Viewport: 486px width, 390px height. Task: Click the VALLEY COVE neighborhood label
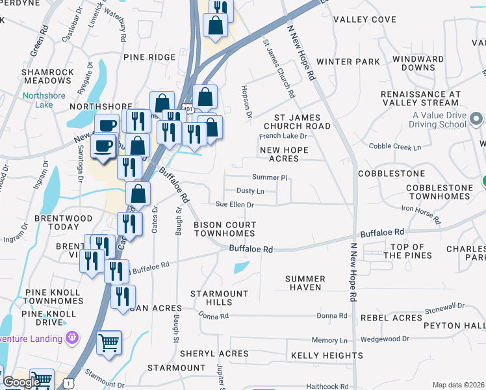pos(364,19)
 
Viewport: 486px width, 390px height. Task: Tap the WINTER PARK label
pos(357,62)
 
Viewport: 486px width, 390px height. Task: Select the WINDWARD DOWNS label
pos(414,63)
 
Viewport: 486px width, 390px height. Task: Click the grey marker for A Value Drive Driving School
pos(476,119)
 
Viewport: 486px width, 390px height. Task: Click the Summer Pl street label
pos(270,177)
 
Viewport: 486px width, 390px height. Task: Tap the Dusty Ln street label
pos(250,191)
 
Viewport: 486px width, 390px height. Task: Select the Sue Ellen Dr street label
pos(234,204)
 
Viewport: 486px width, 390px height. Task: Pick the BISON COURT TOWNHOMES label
pos(225,229)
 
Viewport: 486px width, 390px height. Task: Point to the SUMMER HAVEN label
pos(305,283)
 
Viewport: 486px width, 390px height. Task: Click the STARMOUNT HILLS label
pos(219,298)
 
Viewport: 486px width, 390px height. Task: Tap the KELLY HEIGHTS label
pos(327,356)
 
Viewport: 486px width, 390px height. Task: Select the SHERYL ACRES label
pos(205,354)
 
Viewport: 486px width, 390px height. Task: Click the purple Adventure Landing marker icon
pos(71,337)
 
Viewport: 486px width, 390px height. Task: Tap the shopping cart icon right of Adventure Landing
pos(109,342)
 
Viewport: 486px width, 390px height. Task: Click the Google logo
pos(21,382)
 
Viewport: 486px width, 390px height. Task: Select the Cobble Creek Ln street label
pos(395,147)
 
